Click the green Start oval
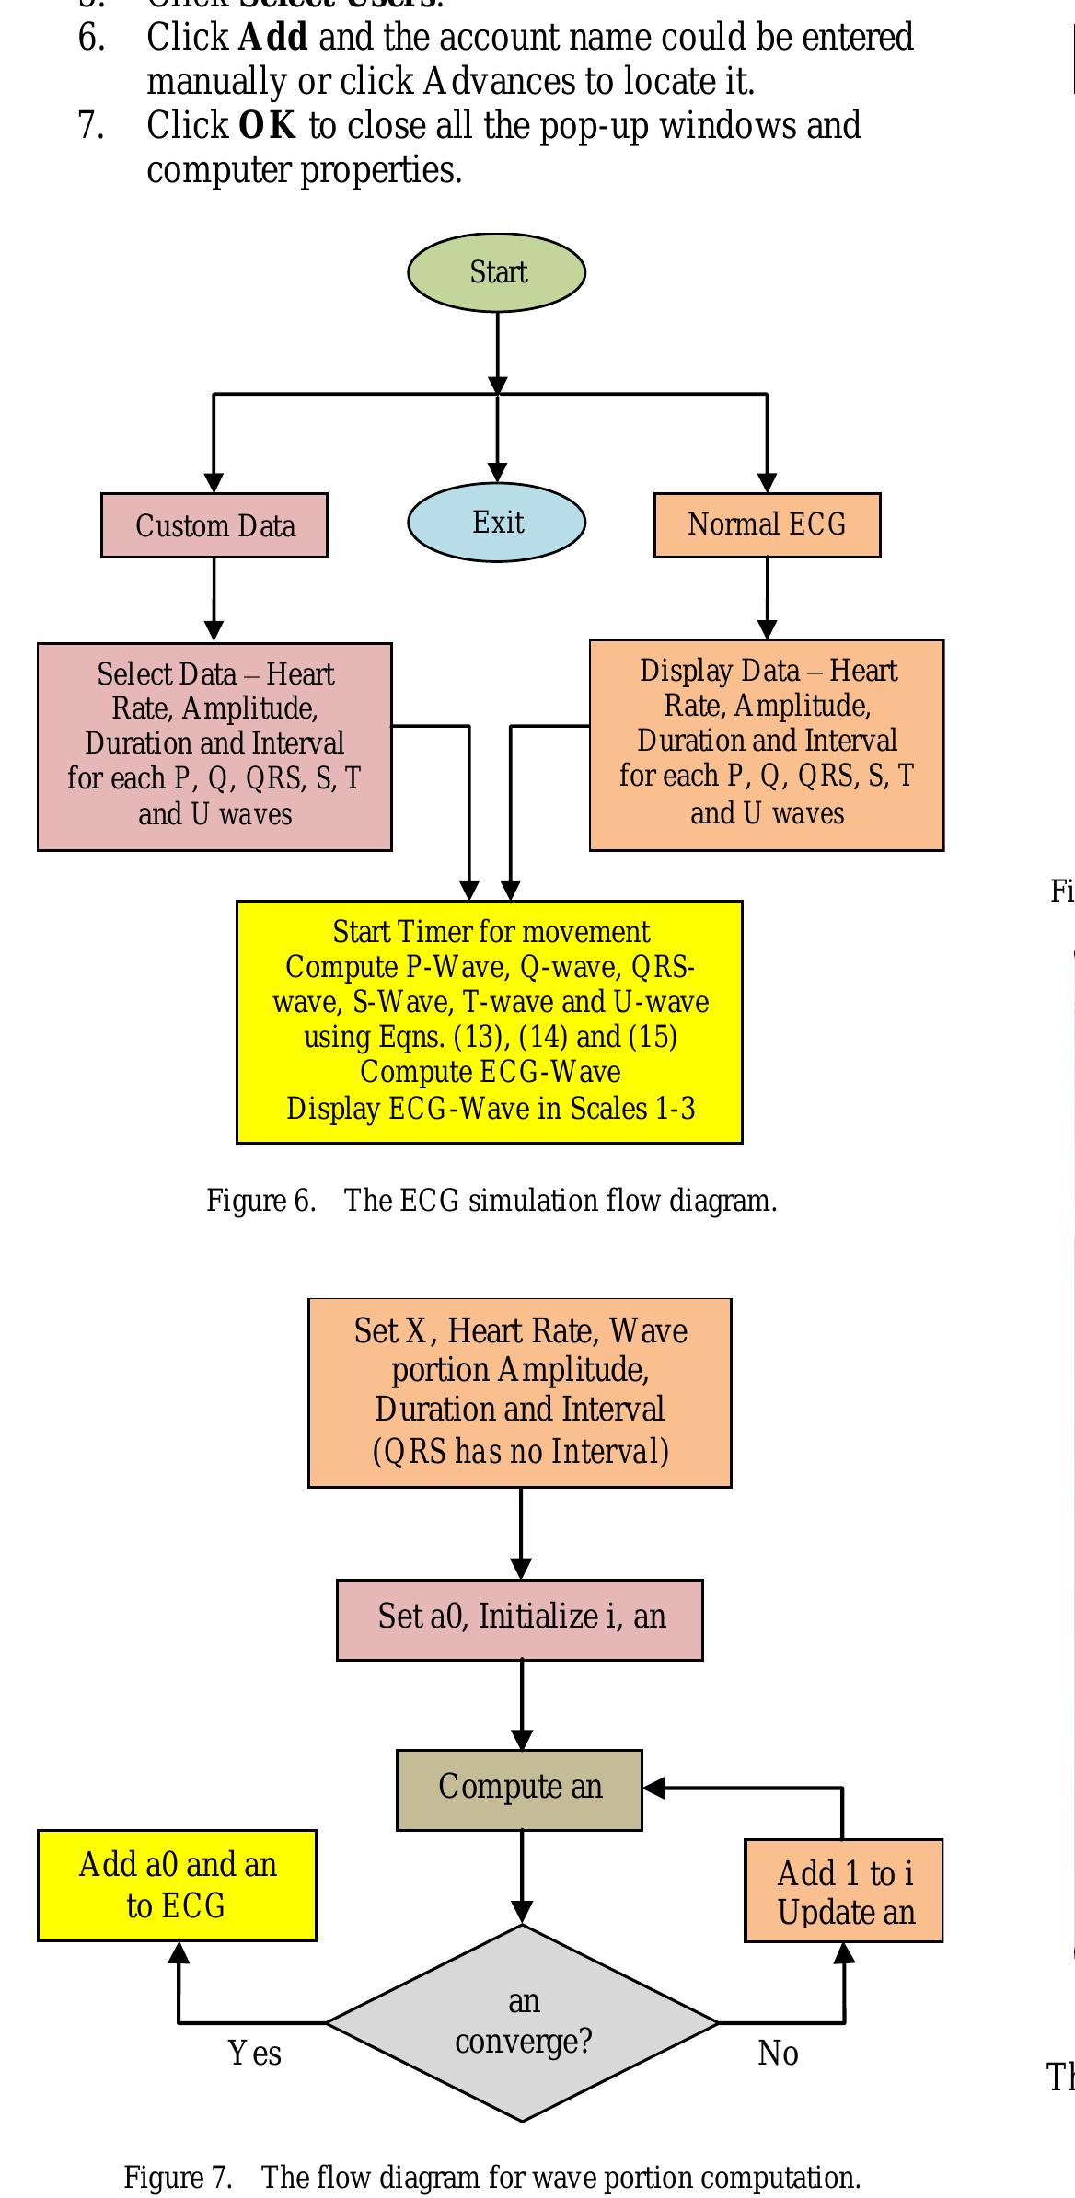(497, 272)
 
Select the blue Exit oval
(497, 523)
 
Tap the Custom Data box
(214, 525)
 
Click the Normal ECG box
(767, 524)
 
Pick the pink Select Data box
(214, 746)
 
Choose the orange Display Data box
(767, 744)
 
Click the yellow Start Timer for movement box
(490, 1021)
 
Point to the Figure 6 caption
(491, 1201)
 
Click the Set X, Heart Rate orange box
(520, 1392)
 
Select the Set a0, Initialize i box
(520, 1619)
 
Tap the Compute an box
(520, 1789)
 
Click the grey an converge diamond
(522, 2022)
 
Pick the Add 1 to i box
(844, 1892)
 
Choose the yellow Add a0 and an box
(177, 1885)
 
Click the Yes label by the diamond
(255, 2053)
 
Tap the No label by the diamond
(778, 2053)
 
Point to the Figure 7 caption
(491, 2178)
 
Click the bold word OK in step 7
(267, 125)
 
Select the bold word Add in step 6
(272, 38)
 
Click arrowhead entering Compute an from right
(653, 1788)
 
